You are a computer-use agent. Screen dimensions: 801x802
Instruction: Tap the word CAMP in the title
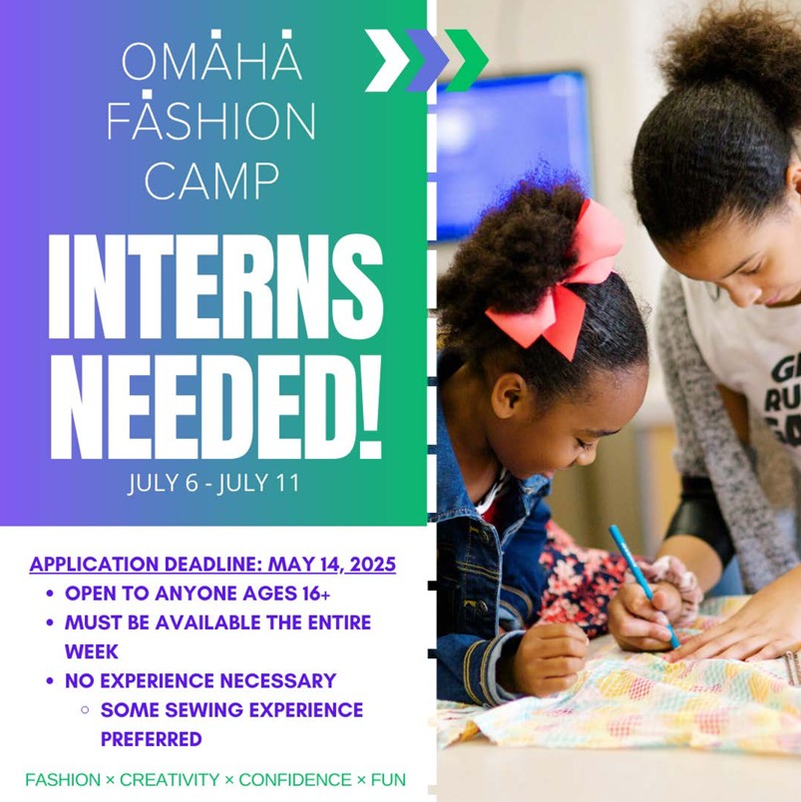(x=211, y=182)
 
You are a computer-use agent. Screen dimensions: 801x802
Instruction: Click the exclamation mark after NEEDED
(x=370, y=407)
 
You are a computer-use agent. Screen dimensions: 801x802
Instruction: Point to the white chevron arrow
(x=387, y=61)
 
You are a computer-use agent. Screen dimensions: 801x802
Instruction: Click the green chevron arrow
(x=466, y=61)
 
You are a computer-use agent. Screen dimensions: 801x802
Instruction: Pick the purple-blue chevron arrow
(x=427, y=61)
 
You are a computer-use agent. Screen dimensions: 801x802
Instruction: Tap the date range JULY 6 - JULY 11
(x=213, y=484)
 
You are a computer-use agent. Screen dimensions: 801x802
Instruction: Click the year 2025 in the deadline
(x=373, y=565)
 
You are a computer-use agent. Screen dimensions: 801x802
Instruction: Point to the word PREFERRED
(x=152, y=739)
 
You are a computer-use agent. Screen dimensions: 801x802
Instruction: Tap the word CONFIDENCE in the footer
(x=295, y=779)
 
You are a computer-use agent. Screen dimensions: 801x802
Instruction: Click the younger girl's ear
(x=513, y=397)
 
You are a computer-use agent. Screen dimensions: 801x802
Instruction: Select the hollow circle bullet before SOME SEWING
(x=85, y=710)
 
